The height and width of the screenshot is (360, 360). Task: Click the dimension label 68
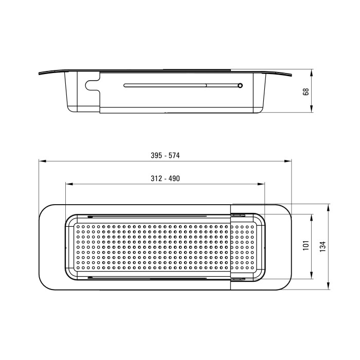click(306, 92)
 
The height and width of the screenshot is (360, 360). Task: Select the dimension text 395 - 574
click(165, 155)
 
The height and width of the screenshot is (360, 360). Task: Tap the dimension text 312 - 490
click(165, 178)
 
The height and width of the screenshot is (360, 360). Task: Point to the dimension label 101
click(306, 245)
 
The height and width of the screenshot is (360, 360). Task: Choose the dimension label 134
click(323, 246)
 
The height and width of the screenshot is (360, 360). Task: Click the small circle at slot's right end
click(240, 86)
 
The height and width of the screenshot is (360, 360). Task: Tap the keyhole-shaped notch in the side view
click(93, 85)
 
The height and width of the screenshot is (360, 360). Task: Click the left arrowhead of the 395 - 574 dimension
click(43, 161)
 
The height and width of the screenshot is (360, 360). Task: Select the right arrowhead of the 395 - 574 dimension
click(287, 161)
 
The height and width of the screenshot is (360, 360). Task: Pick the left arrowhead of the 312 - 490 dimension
click(69, 184)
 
